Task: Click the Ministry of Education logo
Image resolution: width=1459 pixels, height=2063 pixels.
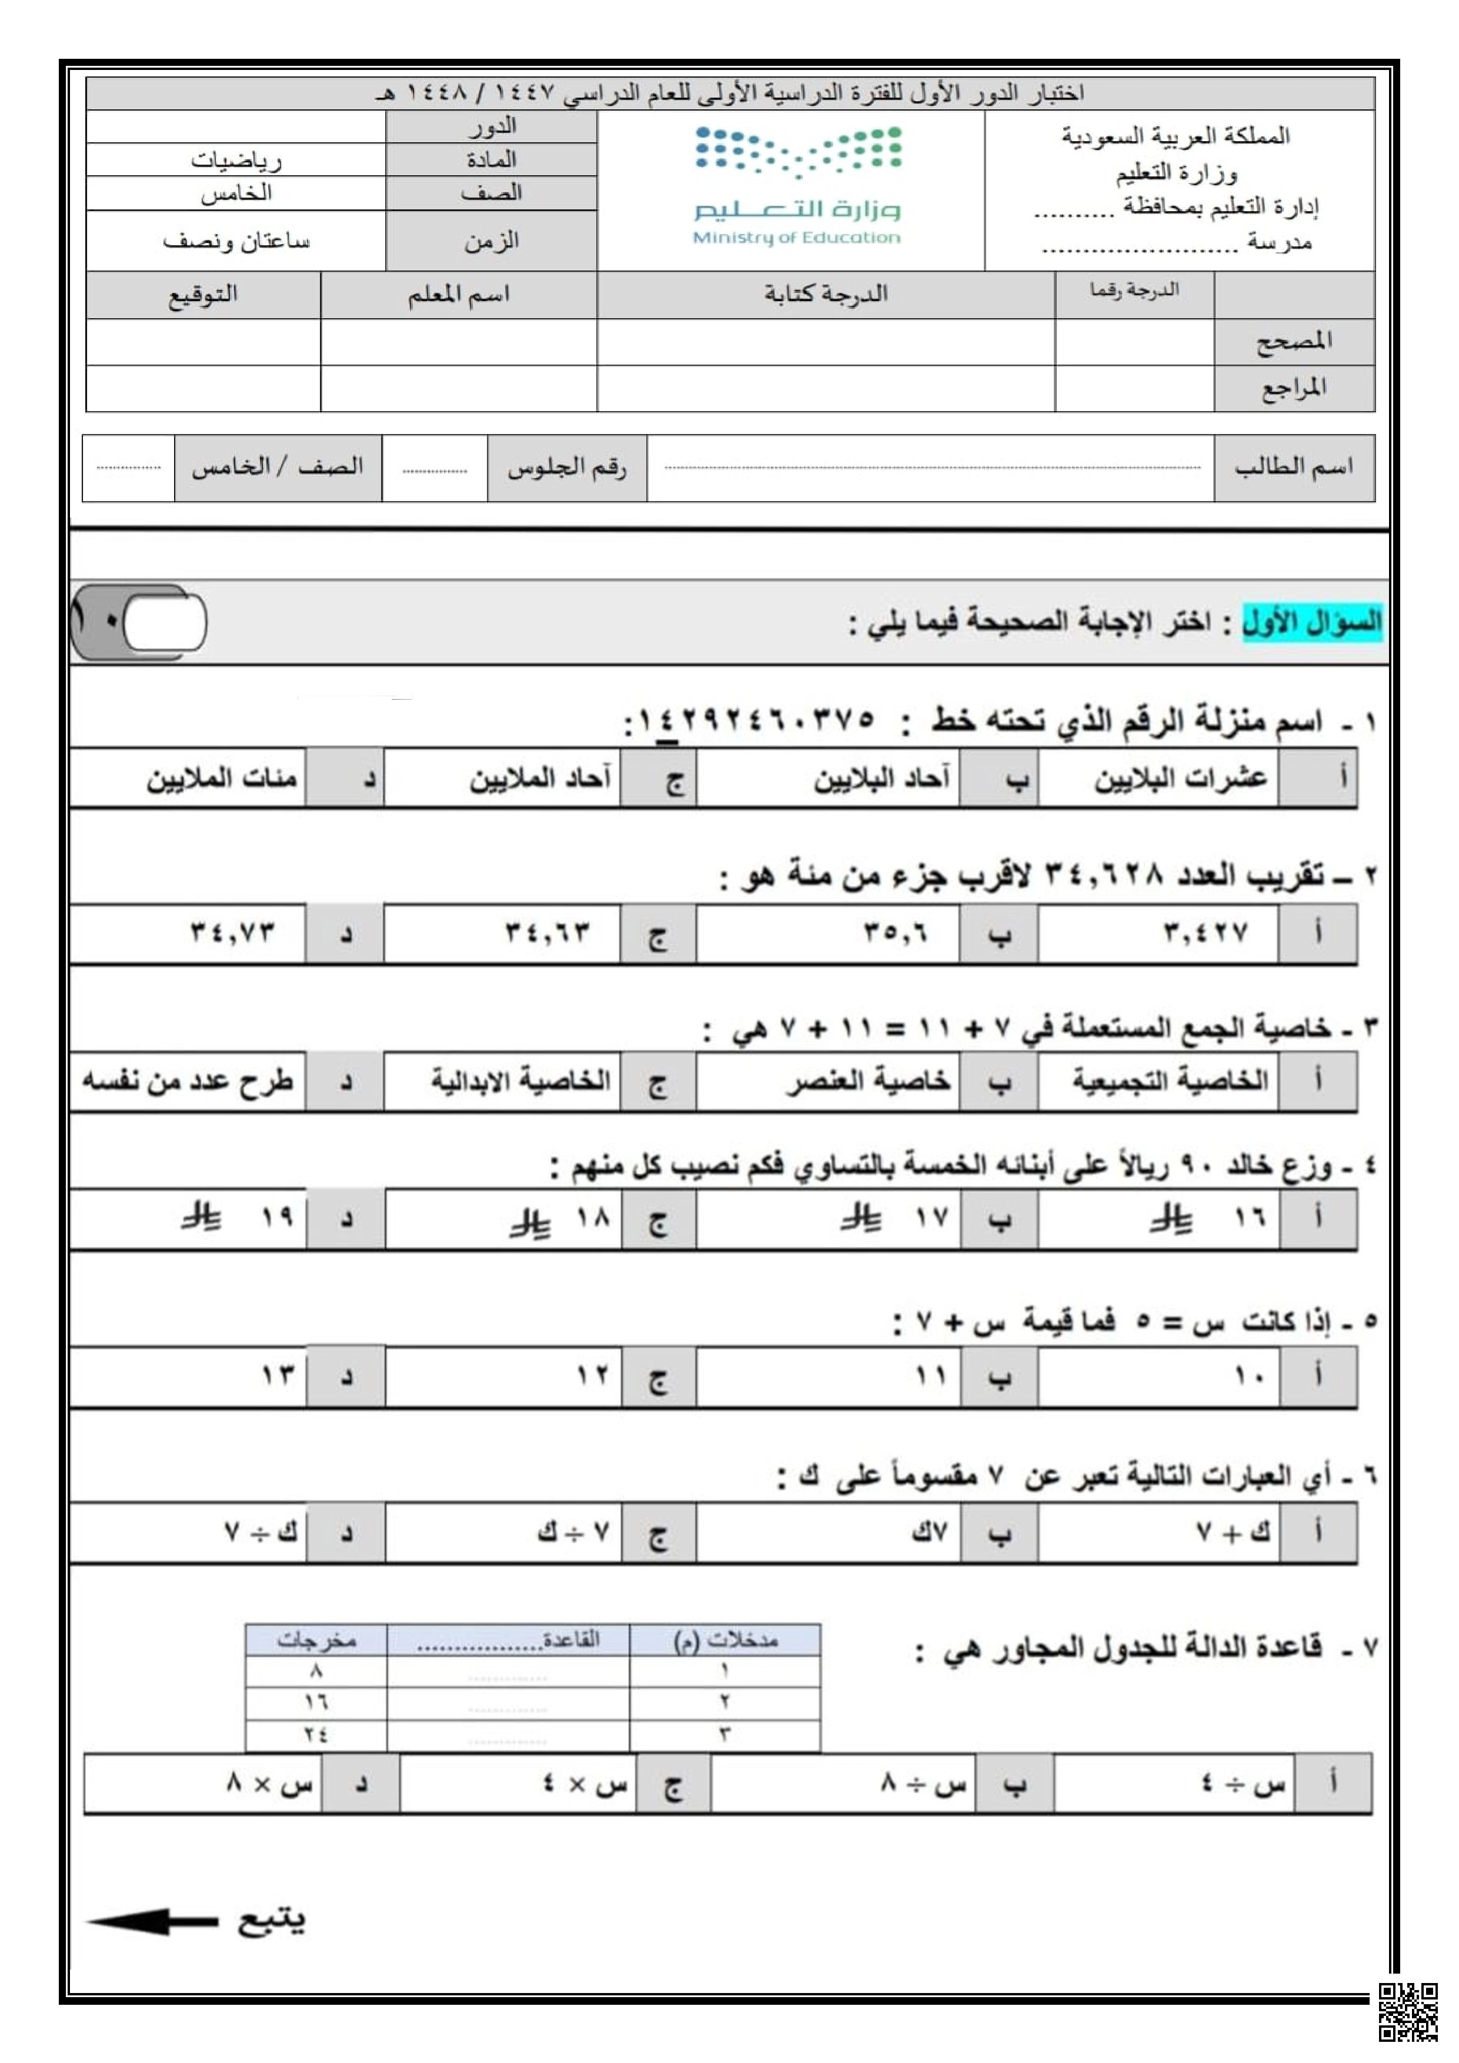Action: [x=796, y=186]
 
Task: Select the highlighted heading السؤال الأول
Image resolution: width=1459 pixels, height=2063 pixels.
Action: [x=1311, y=622]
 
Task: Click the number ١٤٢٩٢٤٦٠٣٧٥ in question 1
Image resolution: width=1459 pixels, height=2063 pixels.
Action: [x=754, y=720]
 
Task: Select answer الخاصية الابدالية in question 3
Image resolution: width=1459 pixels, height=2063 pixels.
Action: [x=520, y=1080]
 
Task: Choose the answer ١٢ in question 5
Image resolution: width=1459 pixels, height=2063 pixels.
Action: [x=592, y=1375]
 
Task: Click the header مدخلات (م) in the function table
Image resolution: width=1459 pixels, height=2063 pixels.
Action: [x=725, y=1640]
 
